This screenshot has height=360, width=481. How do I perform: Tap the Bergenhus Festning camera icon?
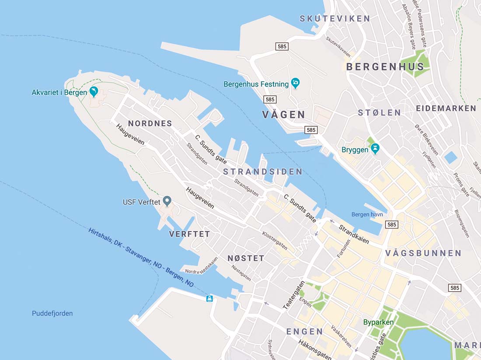pos(295,83)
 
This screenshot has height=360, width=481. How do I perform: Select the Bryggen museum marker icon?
pos(375,149)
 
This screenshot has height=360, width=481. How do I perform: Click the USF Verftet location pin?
pos(167,201)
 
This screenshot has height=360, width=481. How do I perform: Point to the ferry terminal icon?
pos(209,298)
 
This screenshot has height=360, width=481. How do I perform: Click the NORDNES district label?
pos(150,124)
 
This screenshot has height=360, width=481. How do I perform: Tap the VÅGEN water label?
pos(284,115)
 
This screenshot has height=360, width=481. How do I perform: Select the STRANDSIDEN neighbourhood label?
pos(263,172)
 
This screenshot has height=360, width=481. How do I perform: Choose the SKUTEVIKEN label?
pos(335,19)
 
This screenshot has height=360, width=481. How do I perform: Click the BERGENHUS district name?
pos(385,67)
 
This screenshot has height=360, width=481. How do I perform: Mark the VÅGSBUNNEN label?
pos(423,253)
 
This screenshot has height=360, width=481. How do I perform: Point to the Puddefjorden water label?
pos(52,313)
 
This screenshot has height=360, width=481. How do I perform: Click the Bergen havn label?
pos(367,215)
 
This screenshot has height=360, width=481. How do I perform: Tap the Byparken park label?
pos(378,322)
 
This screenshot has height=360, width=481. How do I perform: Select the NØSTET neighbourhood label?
pos(246,258)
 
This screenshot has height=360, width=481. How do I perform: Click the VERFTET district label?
pos(189,234)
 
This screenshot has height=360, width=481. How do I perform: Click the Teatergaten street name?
pos(293,295)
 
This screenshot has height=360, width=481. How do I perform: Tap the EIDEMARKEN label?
pos(446,108)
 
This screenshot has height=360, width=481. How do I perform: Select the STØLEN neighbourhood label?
pos(379,113)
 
